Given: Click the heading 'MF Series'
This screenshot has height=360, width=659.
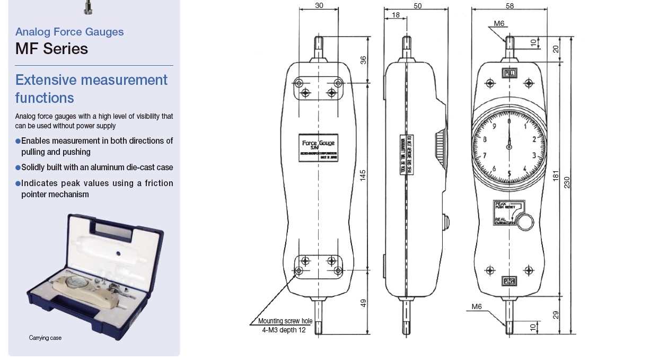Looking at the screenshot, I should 51,49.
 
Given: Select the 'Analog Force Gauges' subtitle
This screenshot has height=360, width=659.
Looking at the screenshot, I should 69,32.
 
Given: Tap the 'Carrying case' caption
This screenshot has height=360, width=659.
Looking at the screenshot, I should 45,338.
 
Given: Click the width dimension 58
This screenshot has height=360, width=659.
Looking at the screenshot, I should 509,5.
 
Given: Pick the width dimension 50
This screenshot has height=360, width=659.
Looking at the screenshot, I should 417,5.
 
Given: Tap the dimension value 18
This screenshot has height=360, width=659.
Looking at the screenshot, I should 396,15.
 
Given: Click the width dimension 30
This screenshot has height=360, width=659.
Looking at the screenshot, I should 319,5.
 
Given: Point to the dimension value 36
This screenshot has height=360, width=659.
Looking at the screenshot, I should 363,60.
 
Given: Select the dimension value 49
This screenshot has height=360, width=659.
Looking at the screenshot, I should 363,303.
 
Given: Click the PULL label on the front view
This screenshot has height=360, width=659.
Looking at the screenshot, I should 509,73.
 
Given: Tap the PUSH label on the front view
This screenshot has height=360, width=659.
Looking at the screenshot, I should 509,280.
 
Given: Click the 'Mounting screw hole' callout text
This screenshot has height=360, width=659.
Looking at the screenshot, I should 285,321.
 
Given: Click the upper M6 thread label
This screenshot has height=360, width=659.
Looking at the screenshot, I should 499,23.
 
